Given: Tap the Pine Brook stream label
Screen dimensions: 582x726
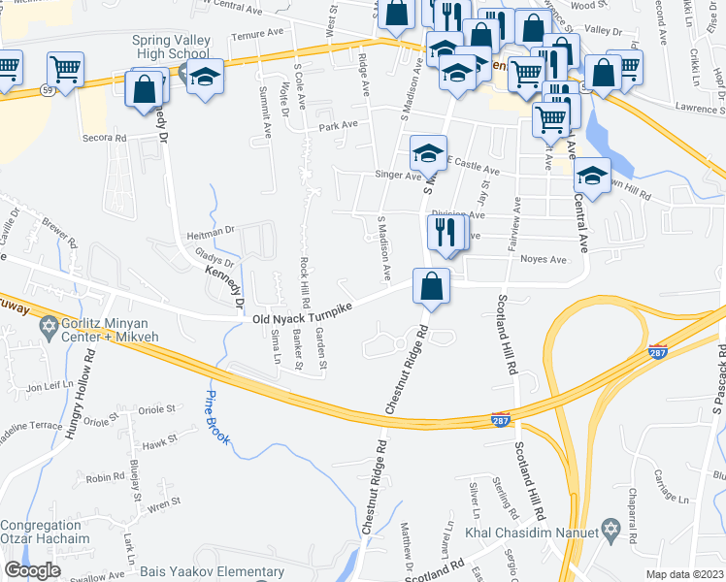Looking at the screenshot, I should coord(215,416).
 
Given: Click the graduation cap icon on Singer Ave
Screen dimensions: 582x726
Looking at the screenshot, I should coord(428,152).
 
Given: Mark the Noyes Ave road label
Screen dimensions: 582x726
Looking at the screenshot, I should coord(543,260).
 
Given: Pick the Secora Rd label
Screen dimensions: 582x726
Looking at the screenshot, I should coord(107,138).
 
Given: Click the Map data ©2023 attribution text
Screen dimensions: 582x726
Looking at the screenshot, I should coord(685,574).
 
